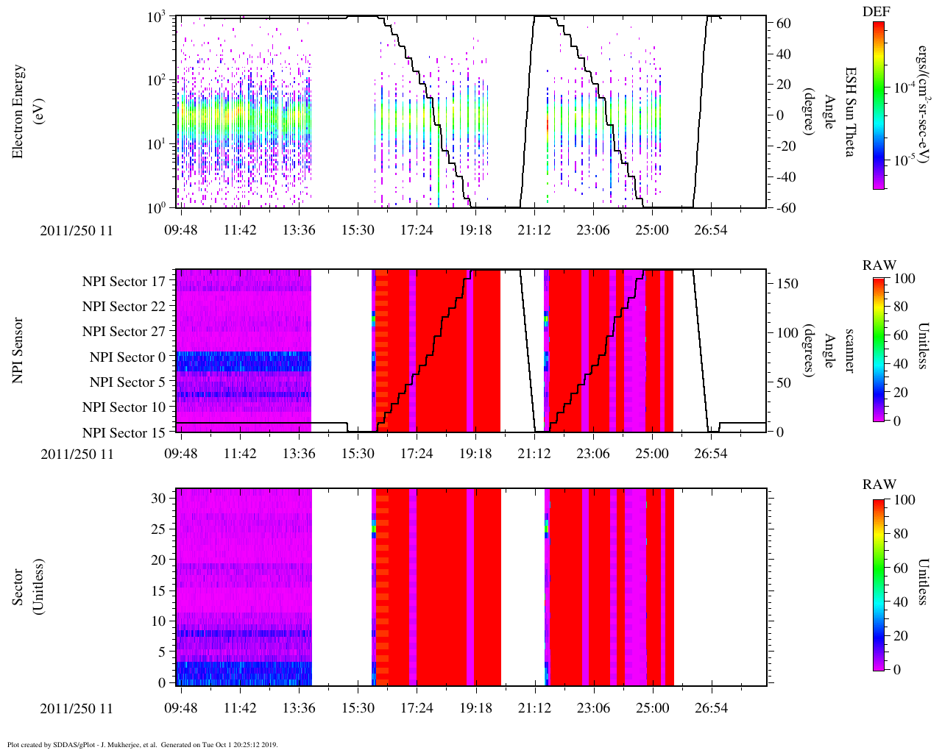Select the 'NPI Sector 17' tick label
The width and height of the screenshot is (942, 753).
tap(124, 282)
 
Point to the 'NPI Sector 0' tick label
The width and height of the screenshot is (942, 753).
tap(127, 357)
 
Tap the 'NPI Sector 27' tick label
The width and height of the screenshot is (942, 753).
tap(124, 332)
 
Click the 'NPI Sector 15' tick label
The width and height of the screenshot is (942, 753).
tap(124, 433)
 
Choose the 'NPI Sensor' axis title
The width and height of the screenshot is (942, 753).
tap(18, 350)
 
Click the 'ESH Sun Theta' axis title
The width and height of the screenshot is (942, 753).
tap(850, 111)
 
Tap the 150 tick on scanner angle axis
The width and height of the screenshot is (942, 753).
tap(788, 284)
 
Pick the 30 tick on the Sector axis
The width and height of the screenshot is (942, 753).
tap(160, 498)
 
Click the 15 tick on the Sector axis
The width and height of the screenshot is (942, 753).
tap(160, 590)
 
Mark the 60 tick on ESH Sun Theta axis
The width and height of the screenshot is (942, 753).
tap(784, 24)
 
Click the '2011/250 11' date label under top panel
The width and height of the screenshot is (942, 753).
tap(77, 231)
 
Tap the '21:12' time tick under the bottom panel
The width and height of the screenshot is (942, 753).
tap(534, 709)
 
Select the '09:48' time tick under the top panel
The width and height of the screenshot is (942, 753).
tap(181, 231)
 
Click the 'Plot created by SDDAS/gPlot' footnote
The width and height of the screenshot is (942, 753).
tap(142, 744)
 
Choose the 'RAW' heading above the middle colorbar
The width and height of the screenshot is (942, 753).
tap(879, 265)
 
